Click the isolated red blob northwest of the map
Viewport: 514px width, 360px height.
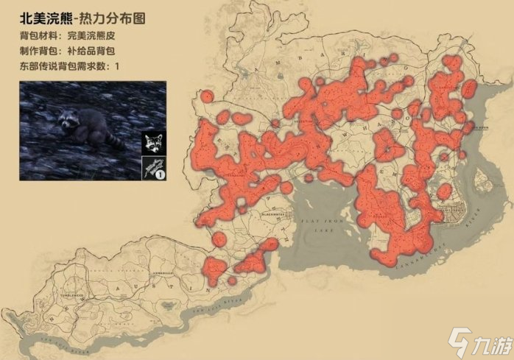pyautogui.click(x=207, y=96)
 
